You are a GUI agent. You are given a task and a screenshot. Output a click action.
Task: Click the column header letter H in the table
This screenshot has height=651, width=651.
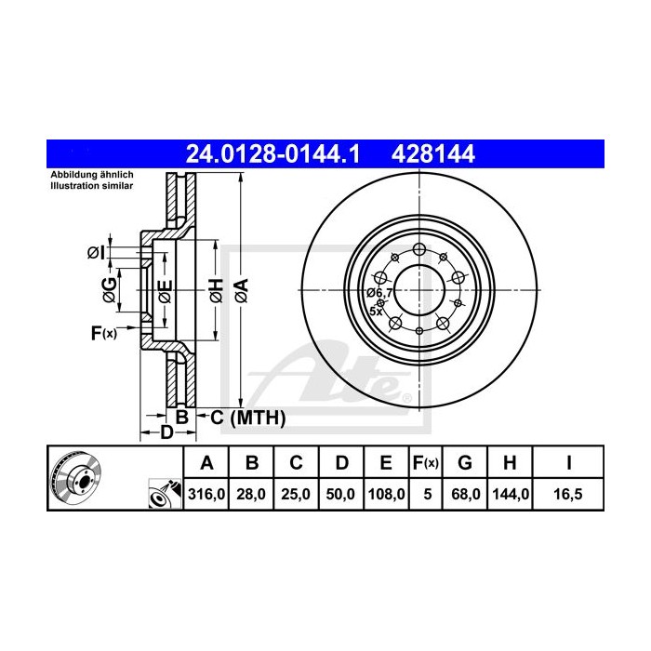(511, 462)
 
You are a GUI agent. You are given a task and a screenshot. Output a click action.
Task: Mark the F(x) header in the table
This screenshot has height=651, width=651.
(427, 462)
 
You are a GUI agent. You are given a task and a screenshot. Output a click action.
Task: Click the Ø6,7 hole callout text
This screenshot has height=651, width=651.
(380, 293)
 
